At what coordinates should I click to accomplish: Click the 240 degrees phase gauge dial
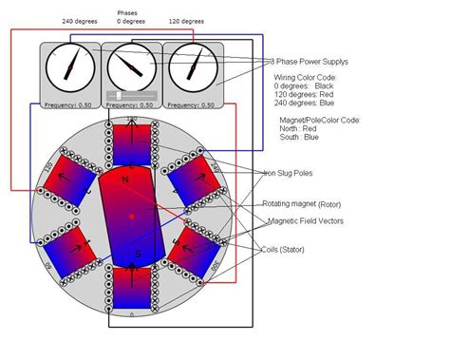pos(70,66)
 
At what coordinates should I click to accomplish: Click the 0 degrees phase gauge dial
pos(131,66)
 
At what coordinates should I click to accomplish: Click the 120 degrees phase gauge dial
pos(193,66)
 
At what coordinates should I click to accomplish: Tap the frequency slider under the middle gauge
pos(130,95)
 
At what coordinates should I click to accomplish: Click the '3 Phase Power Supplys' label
pos(304,61)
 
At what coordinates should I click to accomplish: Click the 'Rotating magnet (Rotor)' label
pos(304,204)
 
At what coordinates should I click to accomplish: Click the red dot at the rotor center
pos(131,218)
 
